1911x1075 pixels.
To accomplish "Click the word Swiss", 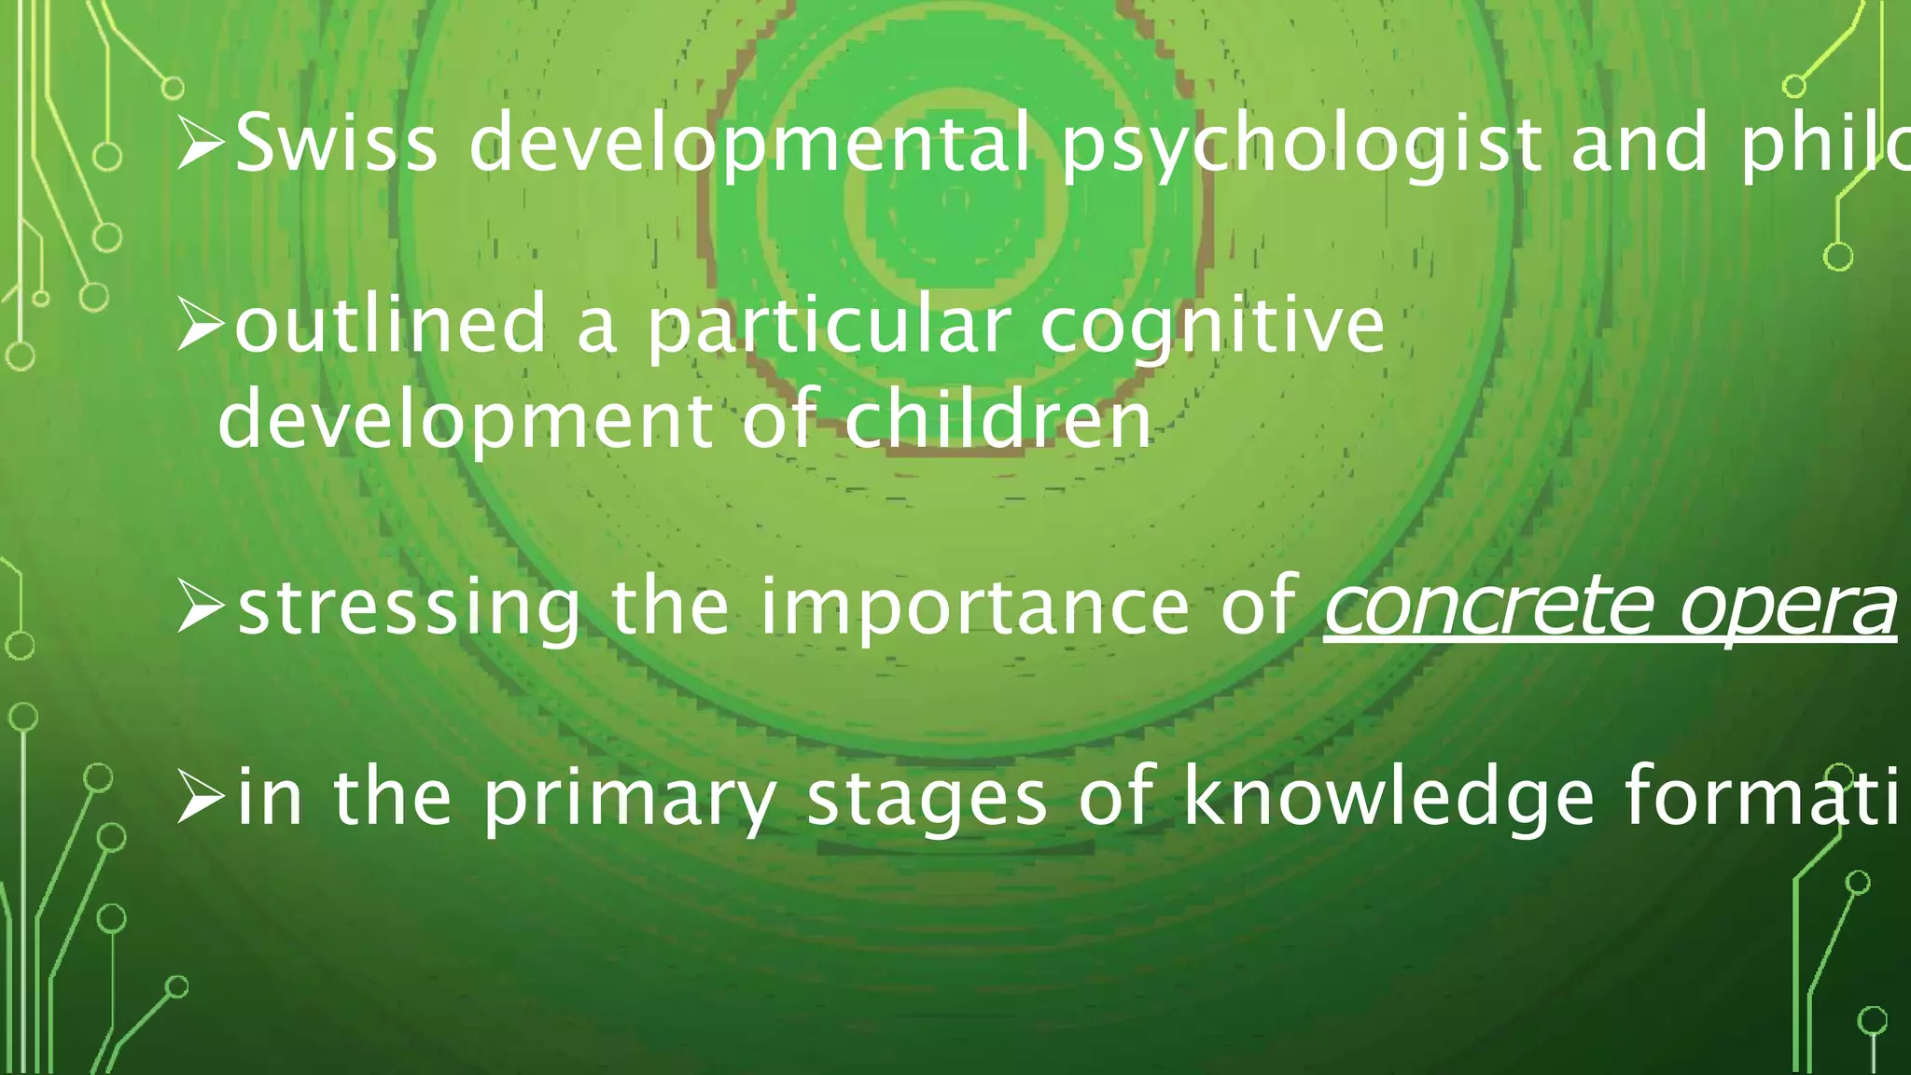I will [x=336, y=143].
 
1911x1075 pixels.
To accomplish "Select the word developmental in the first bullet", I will [x=749, y=143].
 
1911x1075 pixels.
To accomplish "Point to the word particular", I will [x=830, y=326].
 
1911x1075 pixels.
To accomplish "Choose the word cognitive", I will [x=1212, y=326].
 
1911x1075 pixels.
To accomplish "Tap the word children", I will [x=998, y=419].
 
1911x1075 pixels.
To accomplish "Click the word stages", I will [x=927, y=798].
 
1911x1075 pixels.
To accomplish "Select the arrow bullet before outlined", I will [x=200, y=326].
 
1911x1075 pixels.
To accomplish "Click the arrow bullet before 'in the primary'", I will [x=200, y=798].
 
